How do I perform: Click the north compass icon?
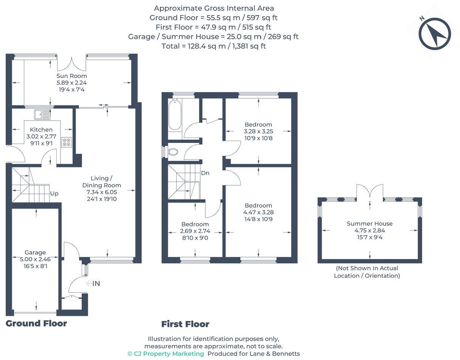point(435,34)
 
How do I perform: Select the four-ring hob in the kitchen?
point(67,142)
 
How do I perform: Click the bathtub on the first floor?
point(175,115)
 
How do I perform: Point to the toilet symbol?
point(173,152)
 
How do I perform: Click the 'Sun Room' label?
point(72,76)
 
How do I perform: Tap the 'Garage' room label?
point(35,253)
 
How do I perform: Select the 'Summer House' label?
point(369,223)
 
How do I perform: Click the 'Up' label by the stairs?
point(54,194)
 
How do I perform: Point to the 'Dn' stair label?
point(205,173)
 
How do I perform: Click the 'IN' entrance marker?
point(96,284)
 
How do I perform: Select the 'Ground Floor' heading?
point(36,323)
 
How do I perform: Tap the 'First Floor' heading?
point(185,324)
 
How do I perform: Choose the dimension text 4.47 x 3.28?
point(258,213)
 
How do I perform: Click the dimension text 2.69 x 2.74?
point(195,231)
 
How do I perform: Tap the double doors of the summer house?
point(370,191)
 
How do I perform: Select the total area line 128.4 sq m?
point(214,46)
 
